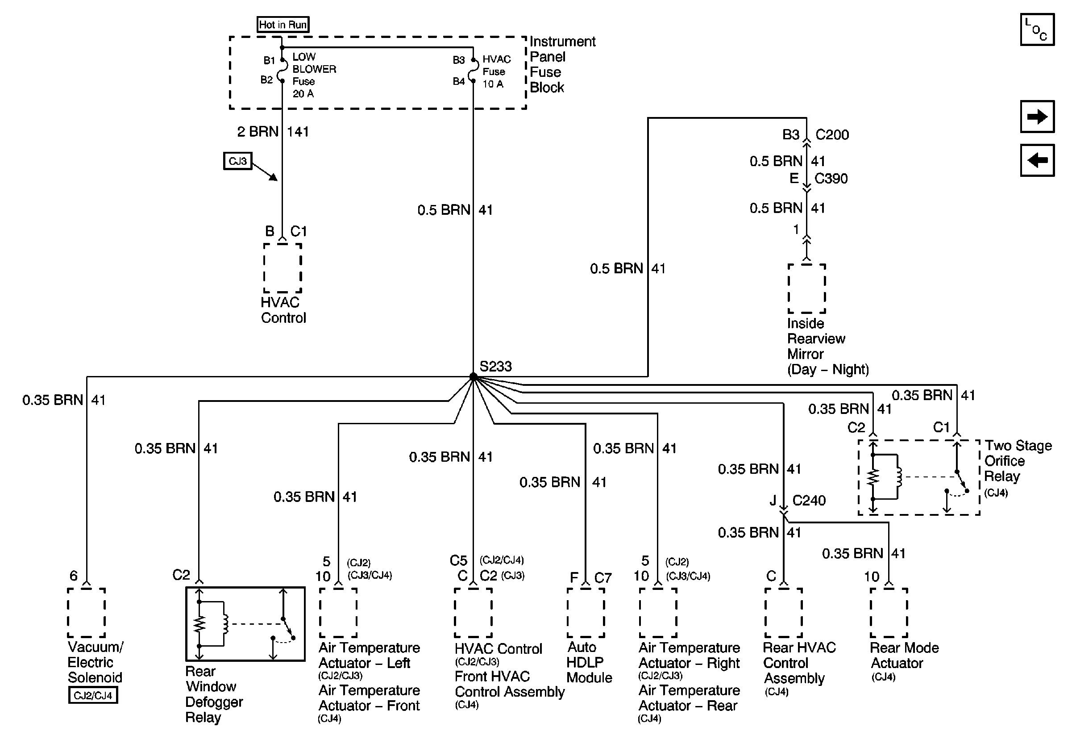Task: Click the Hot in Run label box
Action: [x=283, y=24]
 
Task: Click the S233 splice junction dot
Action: [x=473, y=376]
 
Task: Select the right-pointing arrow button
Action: [x=1037, y=116]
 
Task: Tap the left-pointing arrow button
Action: [x=1037, y=160]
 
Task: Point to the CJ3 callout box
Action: [x=237, y=161]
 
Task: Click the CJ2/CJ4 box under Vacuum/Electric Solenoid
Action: [x=93, y=695]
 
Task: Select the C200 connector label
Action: [x=831, y=135]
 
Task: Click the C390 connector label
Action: [x=831, y=179]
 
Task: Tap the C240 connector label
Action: [x=809, y=501]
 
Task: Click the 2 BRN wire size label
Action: [x=257, y=132]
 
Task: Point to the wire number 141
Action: [x=297, y=132]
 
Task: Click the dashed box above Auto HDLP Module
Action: [x=586, y=612]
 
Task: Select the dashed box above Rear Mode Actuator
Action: [x=889, y=612]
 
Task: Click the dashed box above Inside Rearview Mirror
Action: [x=806, y=288]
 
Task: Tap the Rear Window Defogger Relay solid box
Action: [x=245, y=624]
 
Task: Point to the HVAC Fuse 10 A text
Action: [x=496, y=71]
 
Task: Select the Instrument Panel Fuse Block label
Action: [x=562, y=64]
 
